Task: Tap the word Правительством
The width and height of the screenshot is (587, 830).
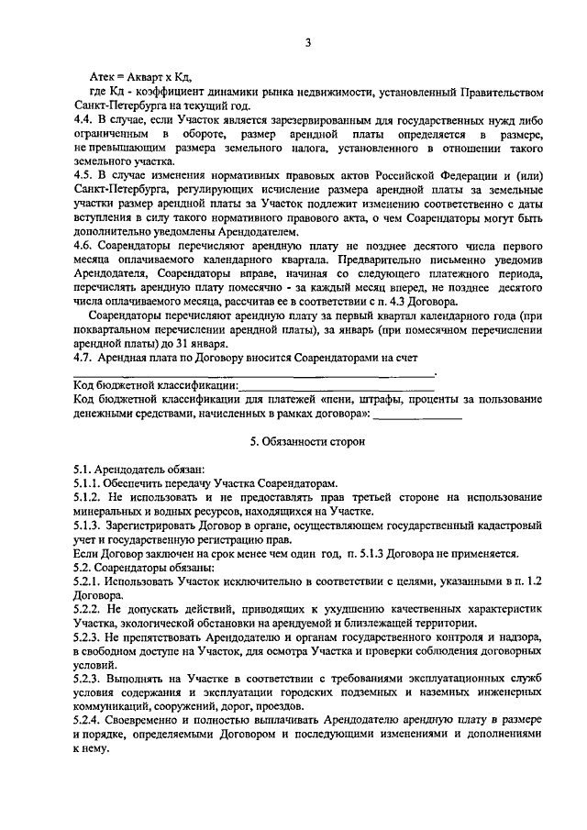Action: tap(504, 93)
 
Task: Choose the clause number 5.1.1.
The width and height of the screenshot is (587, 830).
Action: tap(87, 482)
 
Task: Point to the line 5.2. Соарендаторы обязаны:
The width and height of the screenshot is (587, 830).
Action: tap(144, 565)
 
